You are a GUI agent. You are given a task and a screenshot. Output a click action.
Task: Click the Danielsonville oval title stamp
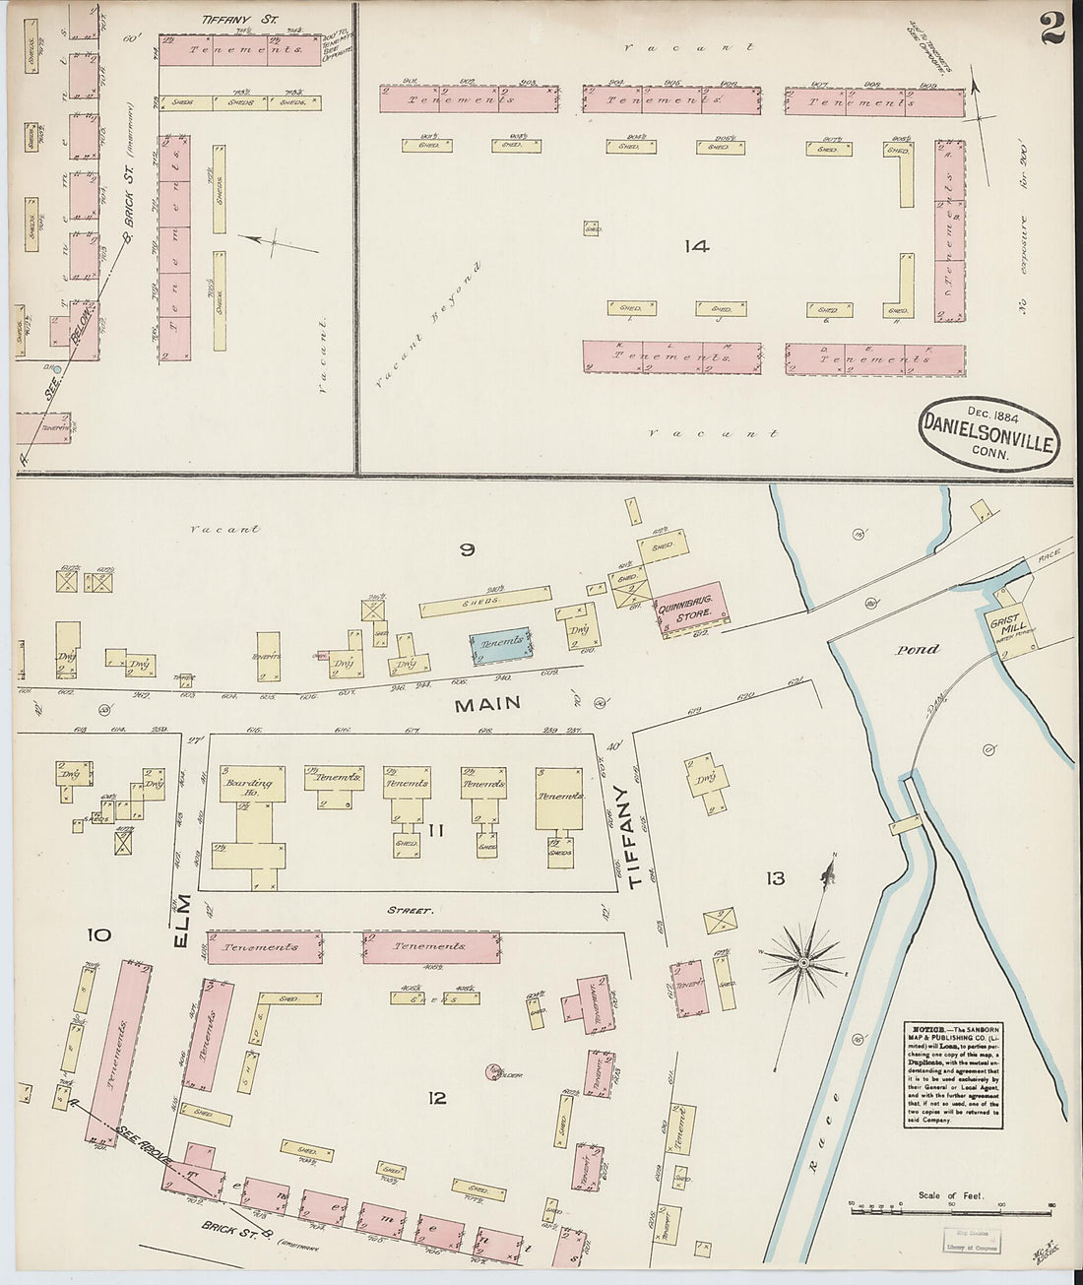coord(990,433)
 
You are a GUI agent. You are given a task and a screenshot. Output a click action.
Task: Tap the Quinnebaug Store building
coord(692,608)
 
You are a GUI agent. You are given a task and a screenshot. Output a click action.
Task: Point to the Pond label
coord(917,650)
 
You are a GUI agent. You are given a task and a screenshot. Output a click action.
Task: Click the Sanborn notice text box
coord(953,1074)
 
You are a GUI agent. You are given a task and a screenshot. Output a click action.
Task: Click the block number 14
coord(697,246)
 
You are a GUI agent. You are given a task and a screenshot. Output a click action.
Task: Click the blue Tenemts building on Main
coord(502,643)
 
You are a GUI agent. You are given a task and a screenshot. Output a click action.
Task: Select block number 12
coord(437,1097)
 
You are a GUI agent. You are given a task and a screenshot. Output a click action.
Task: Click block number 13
coord(776,877)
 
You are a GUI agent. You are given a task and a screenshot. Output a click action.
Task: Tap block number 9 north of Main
coord(467,550)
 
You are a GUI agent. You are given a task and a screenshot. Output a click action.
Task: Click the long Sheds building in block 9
coord(484,601)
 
